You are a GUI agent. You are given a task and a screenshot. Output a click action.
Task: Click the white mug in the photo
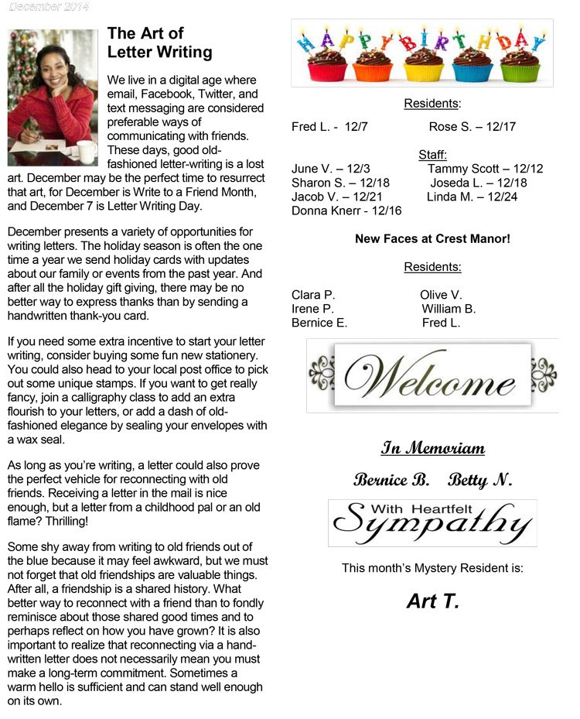click(84, 150)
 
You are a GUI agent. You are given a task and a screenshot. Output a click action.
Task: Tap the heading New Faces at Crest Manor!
click(432, 239)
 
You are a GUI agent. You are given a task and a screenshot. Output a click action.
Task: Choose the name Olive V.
click(441, 295)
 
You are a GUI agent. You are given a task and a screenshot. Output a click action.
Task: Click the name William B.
click(449, 309)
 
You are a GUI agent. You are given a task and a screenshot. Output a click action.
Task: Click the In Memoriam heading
click(432, 449)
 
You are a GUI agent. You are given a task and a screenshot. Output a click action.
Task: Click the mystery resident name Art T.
click(432, 601)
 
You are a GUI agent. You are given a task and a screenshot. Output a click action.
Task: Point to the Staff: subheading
click(432, 155)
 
